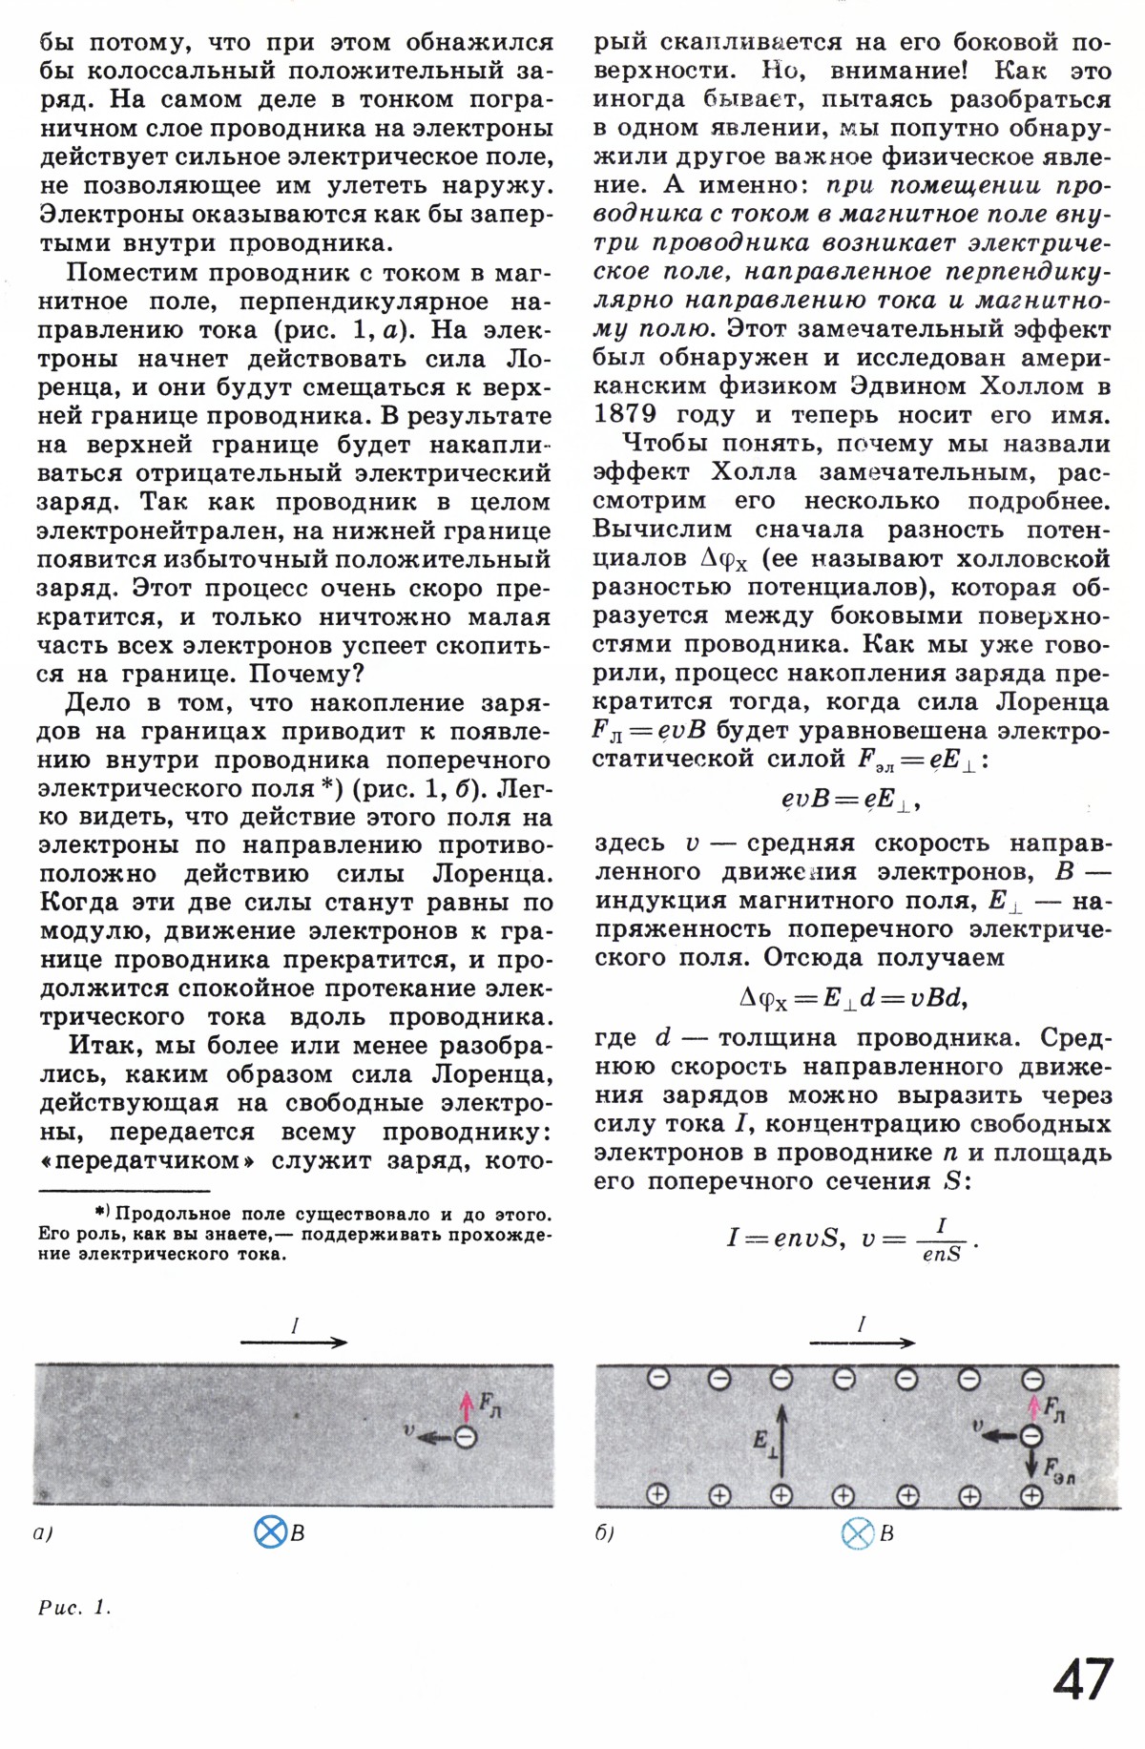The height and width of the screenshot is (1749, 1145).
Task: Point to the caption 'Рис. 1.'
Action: (74, 1608)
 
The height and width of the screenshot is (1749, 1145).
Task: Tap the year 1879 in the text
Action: (624, 415)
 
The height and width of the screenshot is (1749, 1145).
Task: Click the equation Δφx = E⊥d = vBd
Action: (853, 998)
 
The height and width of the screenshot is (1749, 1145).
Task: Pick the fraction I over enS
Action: (941, 1240)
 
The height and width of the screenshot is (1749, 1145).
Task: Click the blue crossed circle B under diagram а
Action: (271, 1532)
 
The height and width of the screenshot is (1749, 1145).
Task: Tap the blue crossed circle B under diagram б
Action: (858, 1533)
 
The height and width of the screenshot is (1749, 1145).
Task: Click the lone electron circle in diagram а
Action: (466, 1437)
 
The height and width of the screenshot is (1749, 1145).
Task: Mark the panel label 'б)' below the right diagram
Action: (603, 1534)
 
